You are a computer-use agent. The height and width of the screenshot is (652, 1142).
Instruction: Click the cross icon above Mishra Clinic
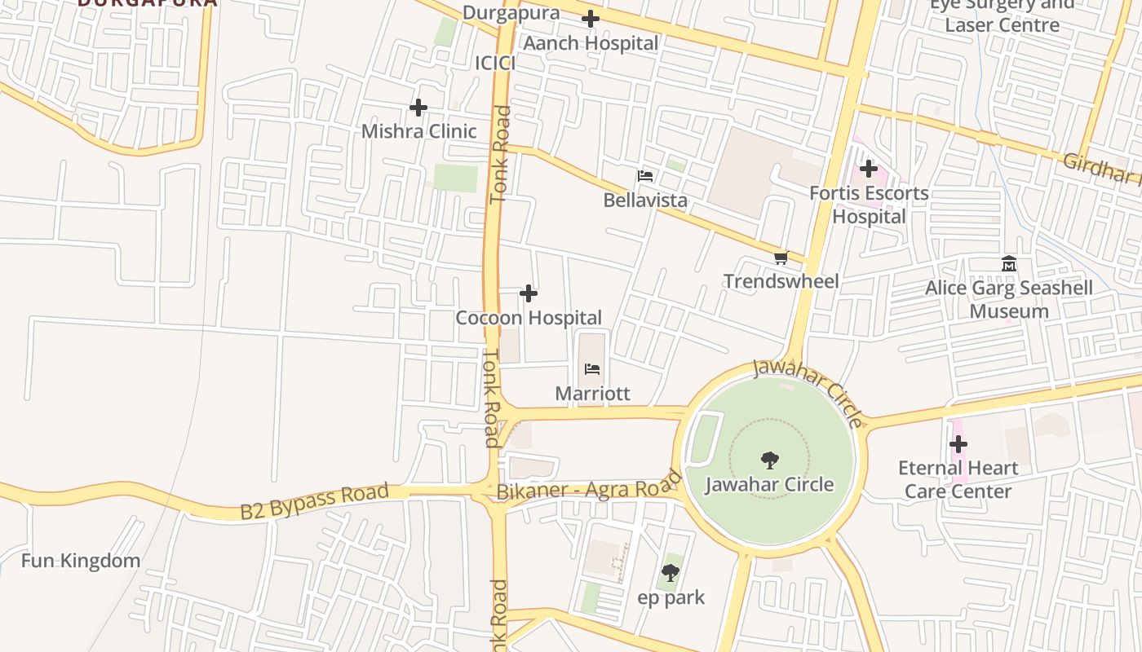pyautogui.click(x=418, y=108)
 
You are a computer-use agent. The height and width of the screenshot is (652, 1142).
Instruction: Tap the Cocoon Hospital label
pyautogui.click(x=529, y=318)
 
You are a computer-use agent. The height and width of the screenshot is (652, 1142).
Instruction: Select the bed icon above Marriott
pyautogui.click(x=592, y=369)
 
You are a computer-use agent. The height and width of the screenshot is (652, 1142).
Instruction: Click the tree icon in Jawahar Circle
pyautogui.click(x=769, y=460)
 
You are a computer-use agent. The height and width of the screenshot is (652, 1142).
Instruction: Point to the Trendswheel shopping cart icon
pyautogui.click(x=781, y=258)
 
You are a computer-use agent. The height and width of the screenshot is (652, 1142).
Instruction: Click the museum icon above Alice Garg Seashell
pyautogui.click(x=1009, y=264)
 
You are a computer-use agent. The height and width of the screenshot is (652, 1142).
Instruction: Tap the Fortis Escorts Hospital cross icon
pyautogui.click(x=869, y=170)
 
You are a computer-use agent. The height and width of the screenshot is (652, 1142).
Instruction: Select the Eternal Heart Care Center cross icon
pyautogui.click(x=958, y=445)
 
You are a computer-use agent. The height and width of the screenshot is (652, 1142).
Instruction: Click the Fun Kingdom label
pyautogui.click(x=80, y=561)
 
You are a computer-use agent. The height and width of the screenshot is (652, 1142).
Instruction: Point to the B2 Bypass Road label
pyautogui.click(x=314, y=501)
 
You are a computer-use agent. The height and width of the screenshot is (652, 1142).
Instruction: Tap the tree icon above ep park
pyautogui.click(x=671, y=573)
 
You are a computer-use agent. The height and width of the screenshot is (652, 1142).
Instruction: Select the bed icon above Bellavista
pyautogui.click(x=645, y=176)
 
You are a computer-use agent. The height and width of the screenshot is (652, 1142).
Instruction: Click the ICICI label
pyautogui.click(x=495, y=64)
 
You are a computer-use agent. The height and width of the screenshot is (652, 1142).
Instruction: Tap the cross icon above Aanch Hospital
pyautogui.click(x=591, y=19)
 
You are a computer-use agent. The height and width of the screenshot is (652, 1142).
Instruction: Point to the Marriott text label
pyautogui.click(x=592, y=394)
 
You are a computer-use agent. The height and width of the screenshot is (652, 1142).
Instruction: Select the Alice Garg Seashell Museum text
pyautogui.click(x=1009, y=300)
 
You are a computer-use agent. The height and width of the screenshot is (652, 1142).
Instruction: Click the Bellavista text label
pyautogui.click(x=645, y=200)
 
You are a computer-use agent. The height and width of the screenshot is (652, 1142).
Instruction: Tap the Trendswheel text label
pyautogui.click(x=781, y=282)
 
